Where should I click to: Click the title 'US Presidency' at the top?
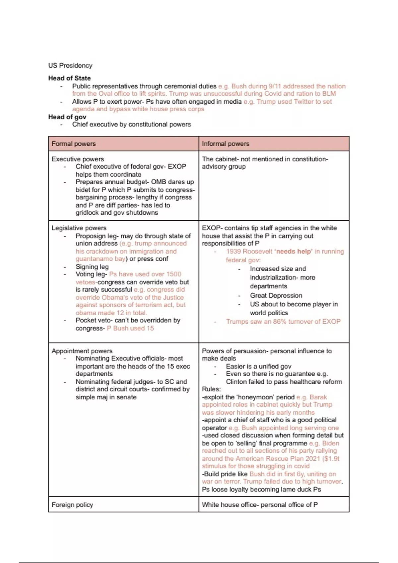pyautogui.click(x=70, y=65)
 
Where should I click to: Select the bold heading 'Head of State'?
pyautogui.click(x=69, y=78)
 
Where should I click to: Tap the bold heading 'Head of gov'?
pyautogui.click(x=67, y=117)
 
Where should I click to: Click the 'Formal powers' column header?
pyautogui.click(x=74, y=144)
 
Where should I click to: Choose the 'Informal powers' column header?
pyautogui.click(x=226, y=144)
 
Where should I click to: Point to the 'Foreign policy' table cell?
pyautogui.click(x=72, y=505)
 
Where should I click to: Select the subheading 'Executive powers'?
pyautogui.click(x=78, y=159)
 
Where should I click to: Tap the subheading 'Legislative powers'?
pyautogui.click(x=79, y=228)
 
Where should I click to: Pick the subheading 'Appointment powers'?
pyautogui.click(x=82, y=351)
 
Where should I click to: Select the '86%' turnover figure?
pyautogui.click(x=280, y=321)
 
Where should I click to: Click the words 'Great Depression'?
pyautogui.click(x=276, y=295)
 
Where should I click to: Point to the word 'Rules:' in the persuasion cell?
pyautogui.click(x=211, y=389)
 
